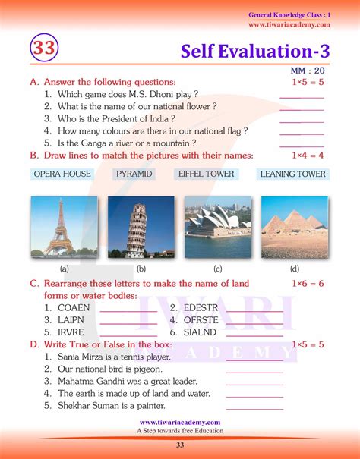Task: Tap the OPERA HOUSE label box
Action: (62, 174)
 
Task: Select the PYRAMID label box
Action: (134, 174)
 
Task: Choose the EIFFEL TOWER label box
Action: (207, 174)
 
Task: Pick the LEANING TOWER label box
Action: (292, 174)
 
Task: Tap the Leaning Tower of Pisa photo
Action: (141, 226)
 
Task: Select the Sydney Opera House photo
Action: (218, 226)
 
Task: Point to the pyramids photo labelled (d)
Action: (294, 226)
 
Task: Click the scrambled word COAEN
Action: (74, 307)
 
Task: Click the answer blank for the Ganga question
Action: (302, 143)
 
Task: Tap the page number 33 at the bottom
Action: (180, 445)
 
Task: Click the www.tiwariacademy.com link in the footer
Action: (180, 422)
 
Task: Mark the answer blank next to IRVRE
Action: (128, 333)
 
